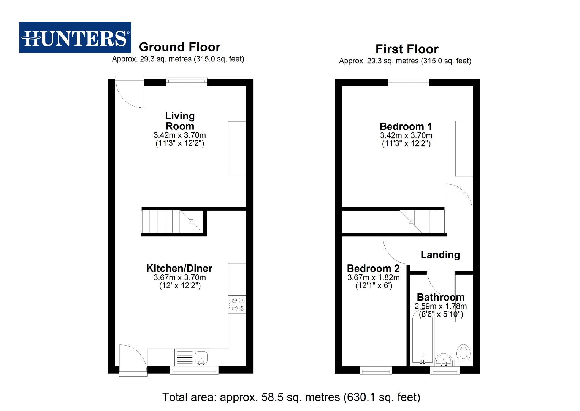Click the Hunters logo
point(75,37)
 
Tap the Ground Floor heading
point(179,47)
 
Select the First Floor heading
point(407,49)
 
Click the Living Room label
point(180,121)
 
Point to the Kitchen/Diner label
point(179,268)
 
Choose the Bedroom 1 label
point(406,126)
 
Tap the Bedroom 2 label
point(373,268)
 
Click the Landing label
point(440,255)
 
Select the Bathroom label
point(441,297)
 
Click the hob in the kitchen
point(237,304)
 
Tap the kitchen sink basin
point(201,357)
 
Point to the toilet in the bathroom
point(463,353)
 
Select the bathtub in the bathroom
point(422,335)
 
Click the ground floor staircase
point(173,222)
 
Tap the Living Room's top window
point(187,82)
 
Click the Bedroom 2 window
point(376,370)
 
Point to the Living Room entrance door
point(129,92)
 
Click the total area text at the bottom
point(291,397)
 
